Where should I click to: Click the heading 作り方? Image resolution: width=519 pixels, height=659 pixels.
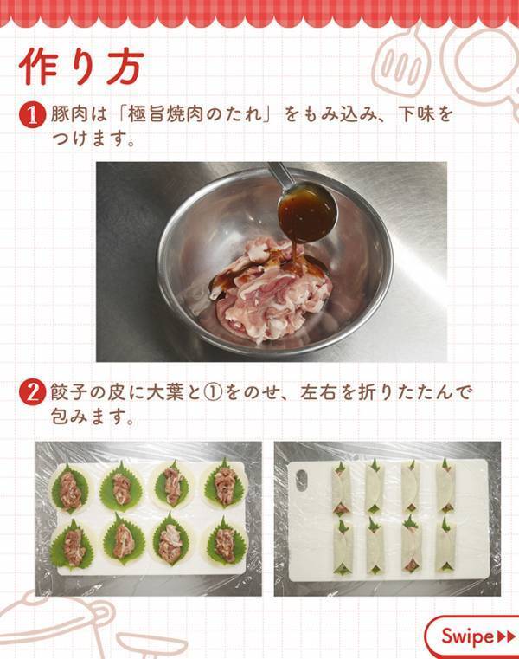click(x=80, y=67)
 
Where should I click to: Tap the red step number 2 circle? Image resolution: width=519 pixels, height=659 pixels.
click(x=30, y=392)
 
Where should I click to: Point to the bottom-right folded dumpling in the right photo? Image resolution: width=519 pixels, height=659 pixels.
click(x=445, y=546)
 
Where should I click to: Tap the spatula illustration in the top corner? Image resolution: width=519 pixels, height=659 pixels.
click(x=400, y=57)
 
